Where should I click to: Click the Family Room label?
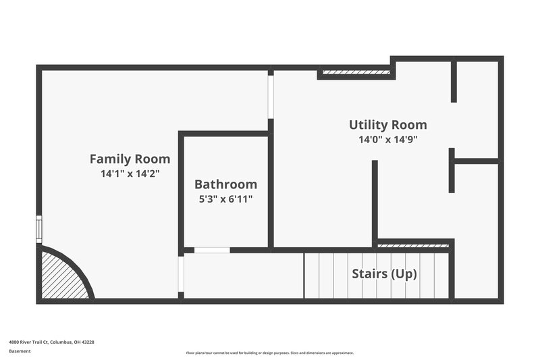(130, 159)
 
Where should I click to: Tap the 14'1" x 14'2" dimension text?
(130, 174)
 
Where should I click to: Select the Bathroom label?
(225, 184)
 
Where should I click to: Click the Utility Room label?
(387, 125)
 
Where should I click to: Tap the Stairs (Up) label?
(384, 274)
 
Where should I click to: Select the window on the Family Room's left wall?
(38, 229)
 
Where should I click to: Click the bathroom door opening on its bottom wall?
(212, 250)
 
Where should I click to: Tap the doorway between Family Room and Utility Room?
(271, 97)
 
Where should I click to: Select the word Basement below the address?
(20, 351)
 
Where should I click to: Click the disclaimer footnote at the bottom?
(269, 353)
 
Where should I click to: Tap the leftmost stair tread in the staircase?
(311, 276)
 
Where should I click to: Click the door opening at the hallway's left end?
(181, 274)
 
